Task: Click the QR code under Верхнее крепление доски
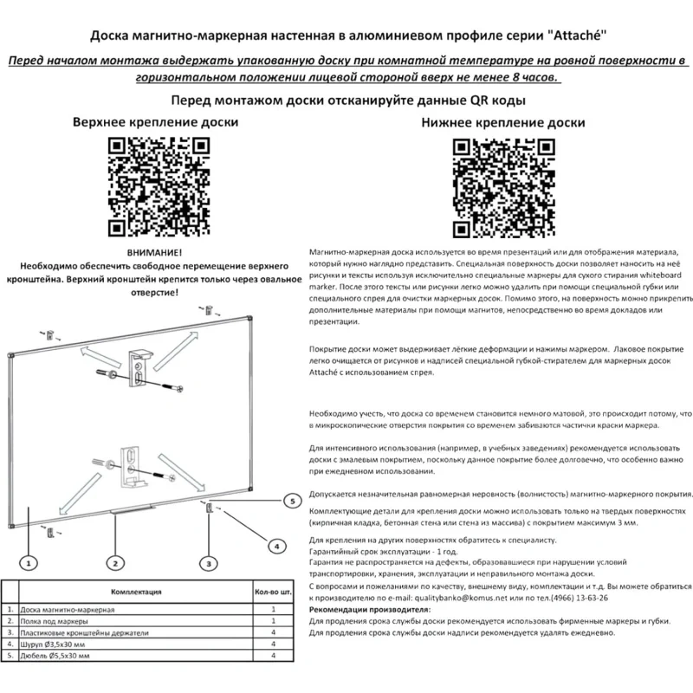coord(159,186)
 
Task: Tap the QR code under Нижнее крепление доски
coord(503,188)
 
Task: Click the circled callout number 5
coord(292,502)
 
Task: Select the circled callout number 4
coord(277,547)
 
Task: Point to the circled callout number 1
coord(29,563)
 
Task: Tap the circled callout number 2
coord(115,563)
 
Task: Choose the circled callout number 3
coord(209,563)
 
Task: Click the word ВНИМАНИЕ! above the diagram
coord(154,253)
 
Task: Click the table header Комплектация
coord(136,592)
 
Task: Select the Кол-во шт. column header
coord(273,592)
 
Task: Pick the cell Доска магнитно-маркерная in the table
coord(68,610)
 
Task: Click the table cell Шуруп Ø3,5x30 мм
coord(53,644)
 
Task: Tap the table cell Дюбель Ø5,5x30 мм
coord(55,656)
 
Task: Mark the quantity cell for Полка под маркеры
coord(273,621)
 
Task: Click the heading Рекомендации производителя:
coord(370,610)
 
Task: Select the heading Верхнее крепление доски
coord(156,122)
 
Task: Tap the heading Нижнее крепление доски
coord(503,122)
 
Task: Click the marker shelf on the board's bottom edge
coord(133,509)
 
